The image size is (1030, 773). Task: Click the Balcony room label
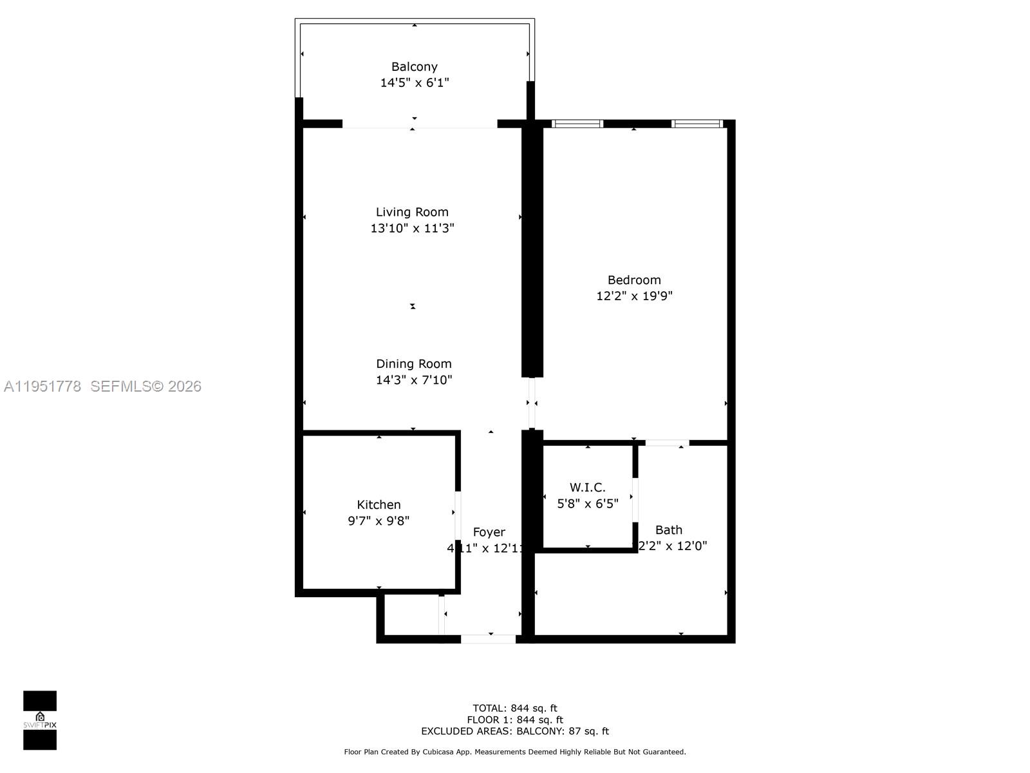[x=414, y=66]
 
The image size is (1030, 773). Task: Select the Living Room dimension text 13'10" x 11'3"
[x=412, y=228]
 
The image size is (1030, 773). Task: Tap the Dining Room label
[x=413, y=364]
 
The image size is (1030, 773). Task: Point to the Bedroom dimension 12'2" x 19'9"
[x=634, y=296]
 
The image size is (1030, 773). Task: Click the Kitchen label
[x=379, y=504]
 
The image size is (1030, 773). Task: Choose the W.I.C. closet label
[x=587, y=488]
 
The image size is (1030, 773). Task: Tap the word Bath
[x=668, y=530]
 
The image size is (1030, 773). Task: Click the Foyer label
[x=489, y=532]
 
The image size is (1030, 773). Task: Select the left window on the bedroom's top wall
[x=577, y=124]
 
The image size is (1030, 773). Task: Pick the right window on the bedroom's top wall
[x=697, y=124]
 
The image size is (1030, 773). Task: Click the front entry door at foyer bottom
[x=488, y=639]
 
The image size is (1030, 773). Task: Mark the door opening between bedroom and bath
[x=667, y=443]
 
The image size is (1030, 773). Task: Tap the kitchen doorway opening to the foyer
[x=458, y=515]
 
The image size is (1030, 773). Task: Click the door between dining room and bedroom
[x=532, y=403]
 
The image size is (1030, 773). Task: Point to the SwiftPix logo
[x=40, y=720]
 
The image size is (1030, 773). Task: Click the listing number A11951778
[x=42, y=386]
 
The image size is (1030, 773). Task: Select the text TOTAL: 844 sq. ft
[x=514, y=708]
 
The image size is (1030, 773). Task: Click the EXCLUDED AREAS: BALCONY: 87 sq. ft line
[x=514, y=731]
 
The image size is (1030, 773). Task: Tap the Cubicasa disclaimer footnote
[x=514, y=752]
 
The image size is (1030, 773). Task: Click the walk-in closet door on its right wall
[x=635, y=499]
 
